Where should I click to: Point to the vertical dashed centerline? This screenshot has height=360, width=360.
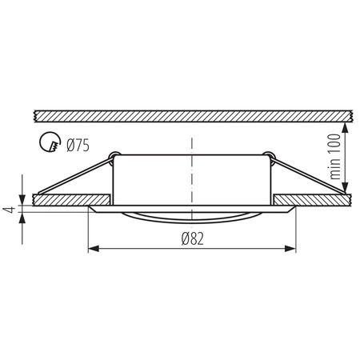click(x=191, y=172)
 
